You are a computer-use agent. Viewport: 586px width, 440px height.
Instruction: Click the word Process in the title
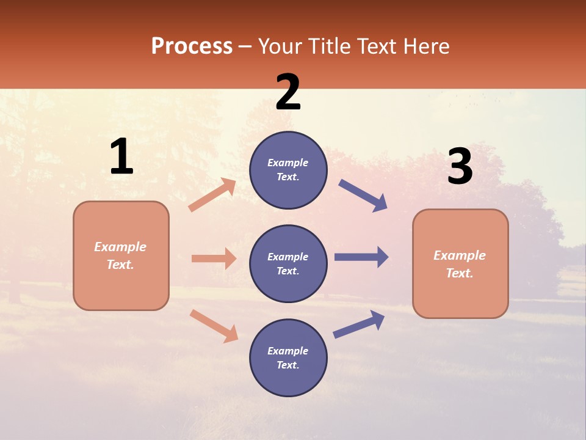192,46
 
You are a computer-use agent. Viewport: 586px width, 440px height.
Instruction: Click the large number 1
121,157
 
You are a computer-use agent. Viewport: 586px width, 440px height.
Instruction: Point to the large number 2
288,92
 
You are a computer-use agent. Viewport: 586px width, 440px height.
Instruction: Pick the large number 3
460,166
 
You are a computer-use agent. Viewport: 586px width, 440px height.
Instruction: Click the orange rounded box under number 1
121,255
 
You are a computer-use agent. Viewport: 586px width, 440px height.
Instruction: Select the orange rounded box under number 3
460,263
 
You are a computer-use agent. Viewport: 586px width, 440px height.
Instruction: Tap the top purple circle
288,170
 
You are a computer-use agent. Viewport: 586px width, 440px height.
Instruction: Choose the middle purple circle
288,263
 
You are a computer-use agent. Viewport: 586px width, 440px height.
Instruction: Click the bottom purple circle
288,358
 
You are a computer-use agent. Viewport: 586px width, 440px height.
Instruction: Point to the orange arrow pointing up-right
212,195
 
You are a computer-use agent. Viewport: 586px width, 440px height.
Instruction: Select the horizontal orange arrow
214,258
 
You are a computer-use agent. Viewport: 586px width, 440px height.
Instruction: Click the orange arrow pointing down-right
214,326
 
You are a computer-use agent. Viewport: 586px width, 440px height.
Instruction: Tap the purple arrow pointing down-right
363,196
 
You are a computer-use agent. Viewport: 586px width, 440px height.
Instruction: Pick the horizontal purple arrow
361,257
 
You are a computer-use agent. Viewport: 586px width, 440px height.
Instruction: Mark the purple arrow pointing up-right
359,324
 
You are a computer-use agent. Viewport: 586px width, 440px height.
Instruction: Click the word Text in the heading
376,46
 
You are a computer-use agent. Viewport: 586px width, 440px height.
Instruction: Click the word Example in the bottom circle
288,351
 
